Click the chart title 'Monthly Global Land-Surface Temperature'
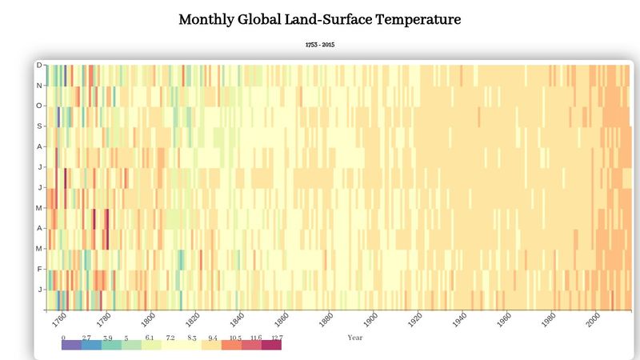[320, 19]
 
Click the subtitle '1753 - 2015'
[320, 45]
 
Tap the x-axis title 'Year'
[355, 338]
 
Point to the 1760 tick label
[58, 320]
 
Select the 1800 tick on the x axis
[148, 320]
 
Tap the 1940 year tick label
[460, 320]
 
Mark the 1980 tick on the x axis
[550, 320]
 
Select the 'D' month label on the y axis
[38, 65]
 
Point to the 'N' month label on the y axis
[38, 85]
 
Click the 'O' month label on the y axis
[38, 106]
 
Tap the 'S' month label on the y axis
[38, 126]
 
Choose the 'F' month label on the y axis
[38, 269]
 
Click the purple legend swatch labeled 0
[71, 346]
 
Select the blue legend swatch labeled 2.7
[91, 346]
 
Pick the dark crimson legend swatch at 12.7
[271, 346]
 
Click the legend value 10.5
[236, 338]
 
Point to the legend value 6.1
[149, 338]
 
